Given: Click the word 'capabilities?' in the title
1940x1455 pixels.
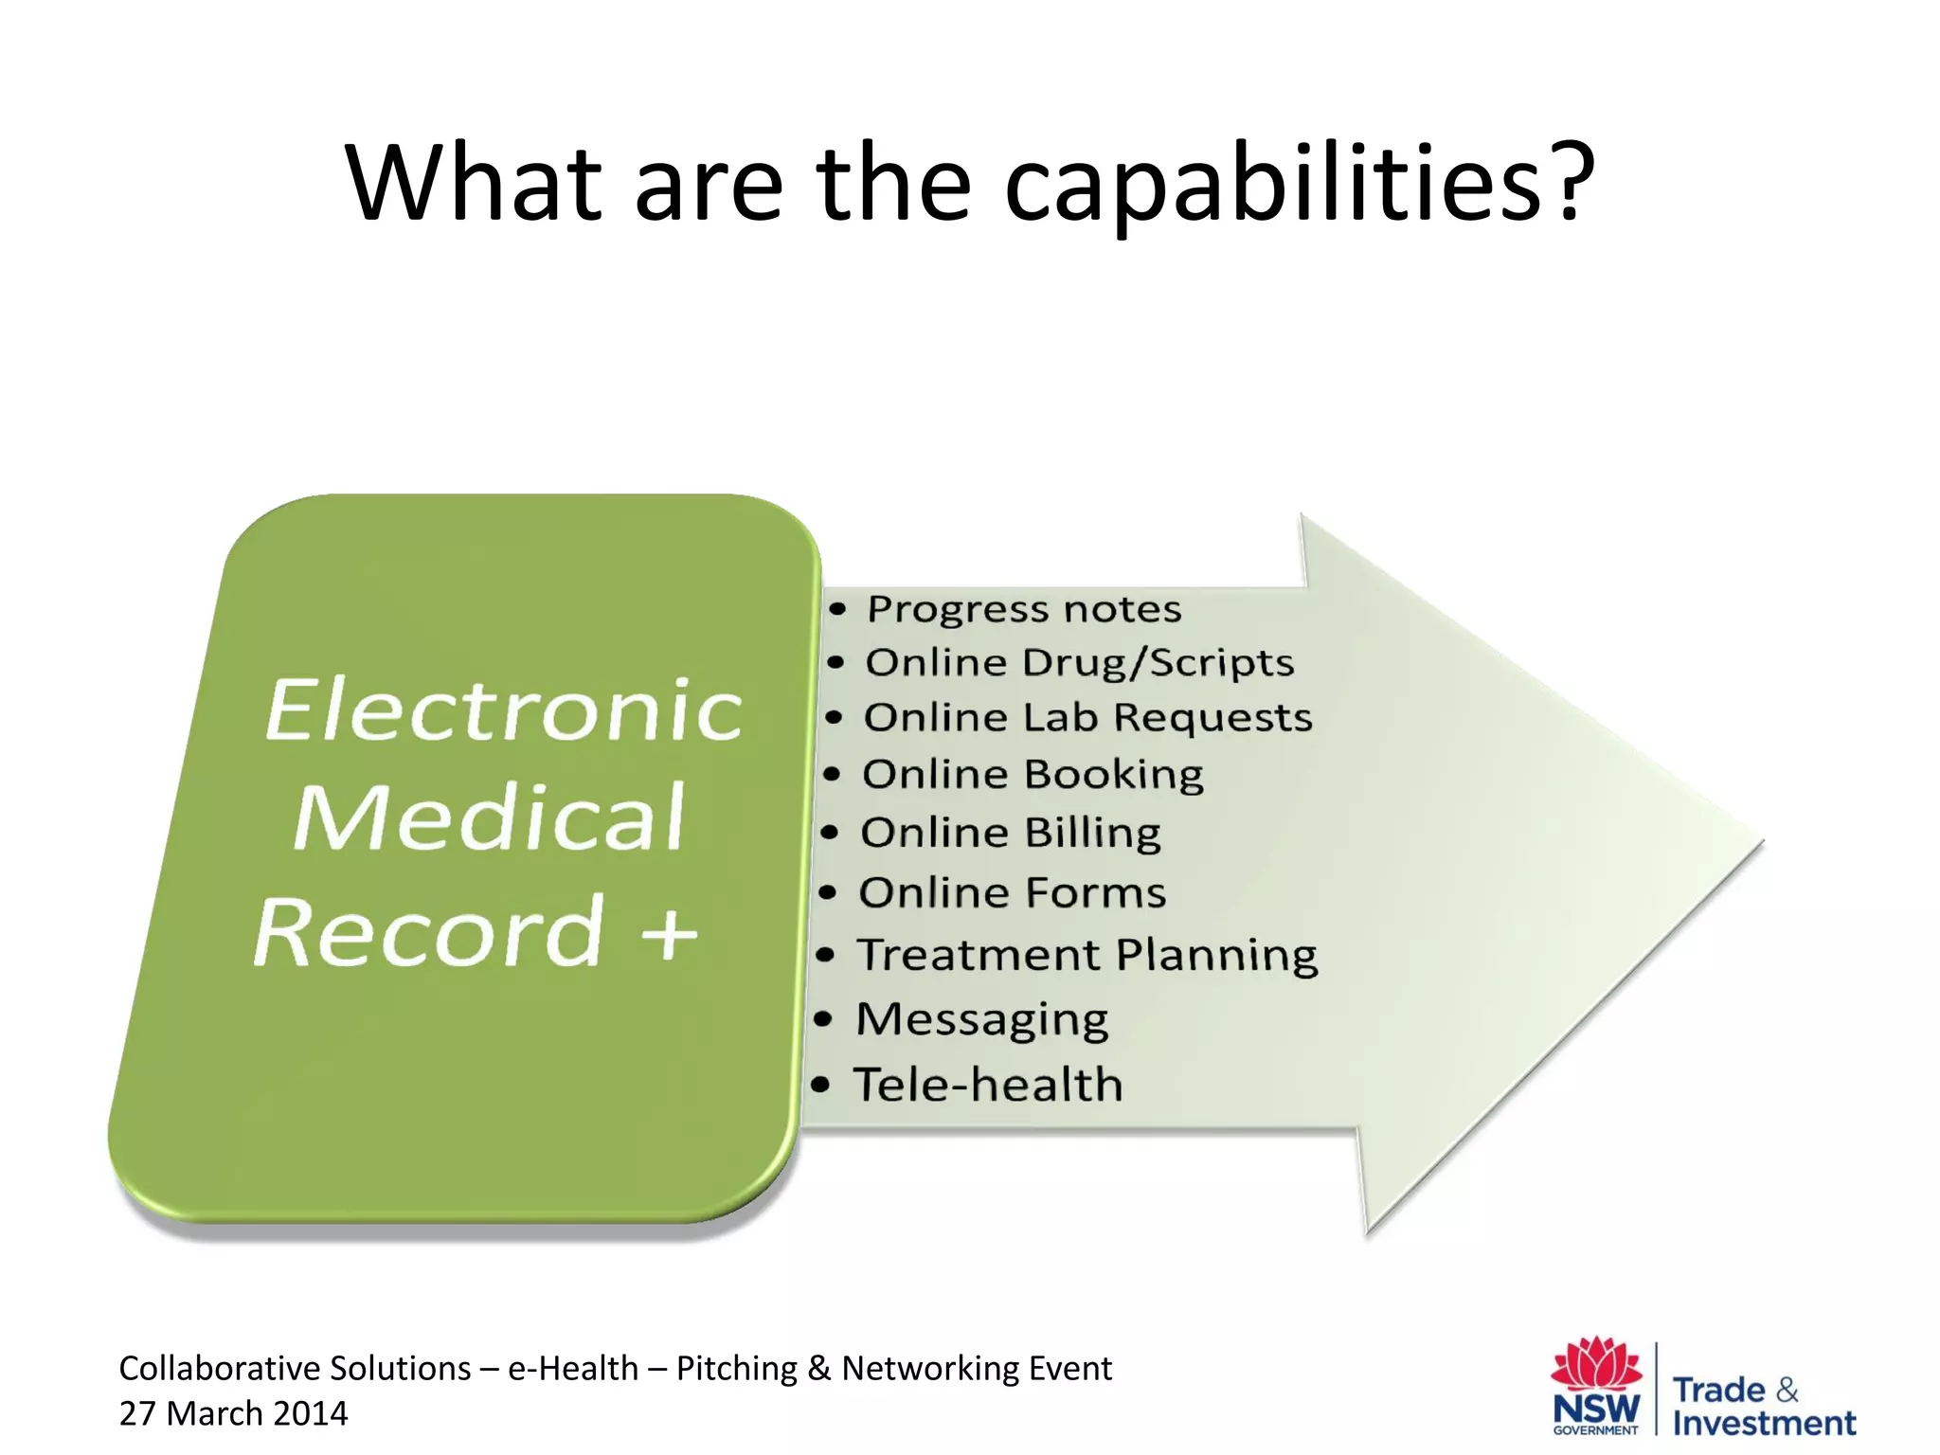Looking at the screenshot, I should [x=1298, y=185].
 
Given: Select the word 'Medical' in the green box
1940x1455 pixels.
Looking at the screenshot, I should [x=489, y=818].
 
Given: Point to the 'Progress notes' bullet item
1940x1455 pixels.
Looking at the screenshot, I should [x=1023, y=609].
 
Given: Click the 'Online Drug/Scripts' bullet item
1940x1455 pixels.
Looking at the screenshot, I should [x=1078, y=662].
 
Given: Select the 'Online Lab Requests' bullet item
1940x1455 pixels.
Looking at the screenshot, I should [x=1087, y=717].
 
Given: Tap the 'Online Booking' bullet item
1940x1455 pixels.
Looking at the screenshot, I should [x=1033, y=774].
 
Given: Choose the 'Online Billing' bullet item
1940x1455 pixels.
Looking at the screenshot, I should [x=1010, y=833].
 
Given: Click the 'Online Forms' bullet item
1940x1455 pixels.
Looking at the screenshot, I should [x=1012, y=892].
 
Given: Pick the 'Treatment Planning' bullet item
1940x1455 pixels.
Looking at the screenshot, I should [x=1087, y=955].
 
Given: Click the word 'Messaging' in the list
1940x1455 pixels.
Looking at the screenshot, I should [x=981, y=1020].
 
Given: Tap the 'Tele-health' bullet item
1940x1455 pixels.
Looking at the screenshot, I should [x=988, y=1085].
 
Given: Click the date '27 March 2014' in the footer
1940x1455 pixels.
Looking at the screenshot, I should [x=233, y=1413].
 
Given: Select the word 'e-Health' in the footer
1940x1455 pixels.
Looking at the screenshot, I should [x=573, y=1369].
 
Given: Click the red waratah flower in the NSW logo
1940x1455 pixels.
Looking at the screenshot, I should [x=1596, y=1364].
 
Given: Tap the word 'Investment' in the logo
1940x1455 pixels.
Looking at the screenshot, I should [x=1764, y=1423].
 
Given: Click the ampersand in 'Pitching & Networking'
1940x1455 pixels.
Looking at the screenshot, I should [x=819, y=1369].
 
